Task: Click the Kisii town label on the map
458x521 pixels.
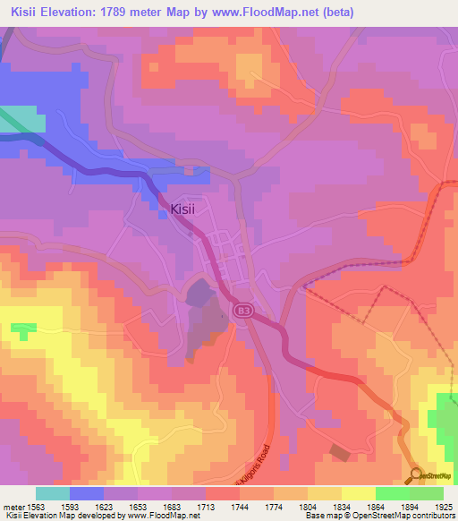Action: click(x=189, y=209)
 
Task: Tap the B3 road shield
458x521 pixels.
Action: click(x=242, y=310)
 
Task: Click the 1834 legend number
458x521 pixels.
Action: click(x=342, y=508)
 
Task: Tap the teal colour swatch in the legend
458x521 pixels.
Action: click(x=53, y=493)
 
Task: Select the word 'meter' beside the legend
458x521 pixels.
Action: click(x=13, y=508)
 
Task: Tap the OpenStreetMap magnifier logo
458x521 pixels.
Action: click(x=417, y=474)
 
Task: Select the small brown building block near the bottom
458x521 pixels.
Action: click(x=340, y=453)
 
